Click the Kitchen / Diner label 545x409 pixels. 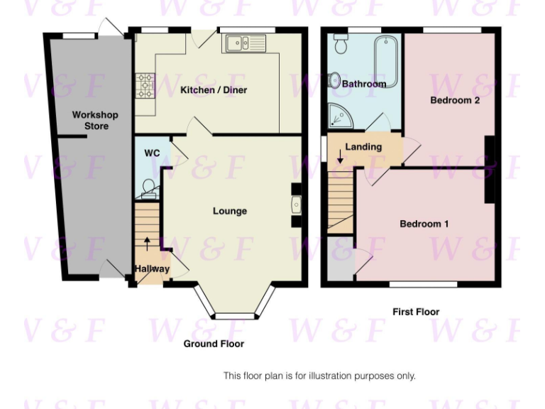pyautogui.click(x=213, y=90)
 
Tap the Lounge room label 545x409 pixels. pyautogui.click(x=230, y=211)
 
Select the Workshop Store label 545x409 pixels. pyautogui.click(x=95, y=120)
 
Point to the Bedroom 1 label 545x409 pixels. pyautogui.click(x=424, y=224)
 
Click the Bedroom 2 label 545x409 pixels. pyautogui.click(x=455, y=100)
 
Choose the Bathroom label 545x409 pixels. pyautogui.click(x=364, y=84)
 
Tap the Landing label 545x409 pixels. pyautogui.click(x=363, y=147)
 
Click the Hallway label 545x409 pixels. pyautogui.click(x=152, y=269)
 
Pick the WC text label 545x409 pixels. pyautogui.click(x=152, y=153)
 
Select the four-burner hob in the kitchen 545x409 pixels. pyautogui.click(x=145, y=86)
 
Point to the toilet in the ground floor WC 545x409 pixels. pyautogui.click(x=149, y=187)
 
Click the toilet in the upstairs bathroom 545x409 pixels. pyautogui.click(x=339, y=45)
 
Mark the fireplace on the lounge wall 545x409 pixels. pyautogui.click(x=296, y=205)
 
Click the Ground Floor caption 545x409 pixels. pyautogui.click(x=214, y=344)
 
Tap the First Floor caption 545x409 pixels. pyautogui.click(x=416, y=312)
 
